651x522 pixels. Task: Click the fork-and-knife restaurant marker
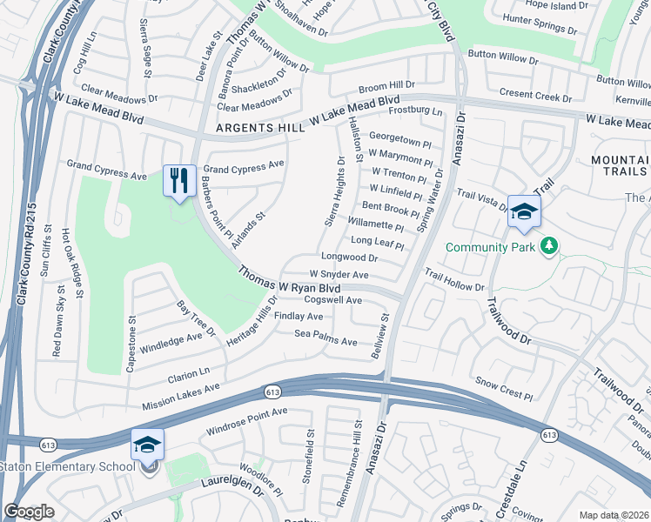179,181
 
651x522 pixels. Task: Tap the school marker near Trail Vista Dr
525,211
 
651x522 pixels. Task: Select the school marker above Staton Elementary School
148,445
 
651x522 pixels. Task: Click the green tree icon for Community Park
548,247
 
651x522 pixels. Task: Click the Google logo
30,512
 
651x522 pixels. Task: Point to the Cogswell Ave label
333,299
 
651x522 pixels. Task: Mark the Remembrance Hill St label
359,456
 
